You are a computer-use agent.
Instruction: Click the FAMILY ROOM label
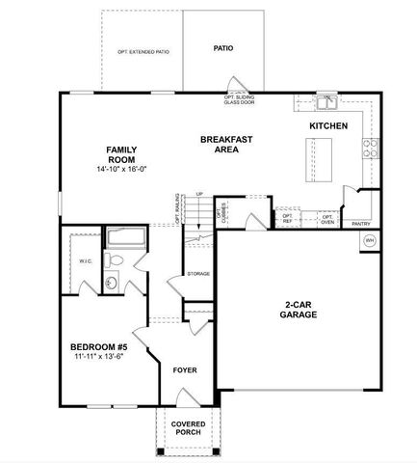[x=120, y=153]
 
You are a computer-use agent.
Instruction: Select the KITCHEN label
[x=327, y=126]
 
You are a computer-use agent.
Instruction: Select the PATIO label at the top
[x=222, y=47]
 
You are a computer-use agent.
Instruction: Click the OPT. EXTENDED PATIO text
[x=143, y=51]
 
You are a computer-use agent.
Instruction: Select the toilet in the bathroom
[x=115, y=260]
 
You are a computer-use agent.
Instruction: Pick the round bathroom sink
[x=111, y=283]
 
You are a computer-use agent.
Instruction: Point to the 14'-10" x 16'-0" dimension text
[x=120, y=170]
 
